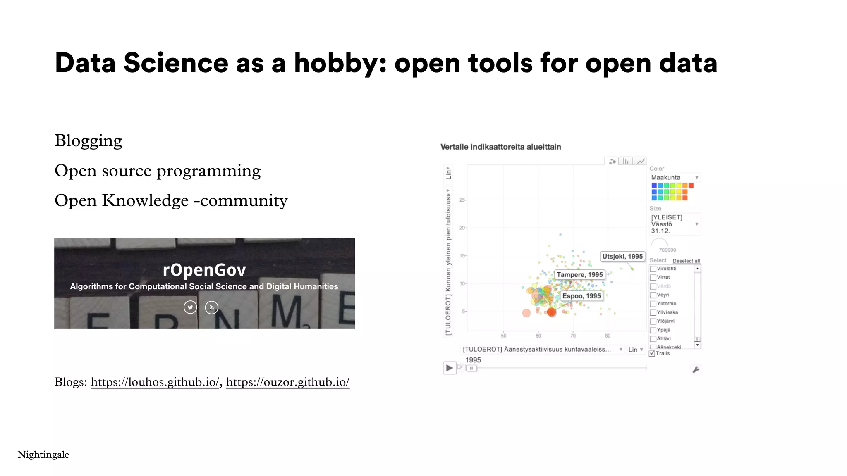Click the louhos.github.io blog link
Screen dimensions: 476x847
[155, 382]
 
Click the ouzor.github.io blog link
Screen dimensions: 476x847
[287, 382]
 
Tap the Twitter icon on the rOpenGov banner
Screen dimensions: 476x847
[190, 307]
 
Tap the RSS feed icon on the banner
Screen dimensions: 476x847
[212, 307]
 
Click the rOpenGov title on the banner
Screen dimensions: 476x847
[204, 270]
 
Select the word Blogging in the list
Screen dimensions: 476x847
[88, 141]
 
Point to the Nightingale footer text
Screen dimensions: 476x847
[43, 455]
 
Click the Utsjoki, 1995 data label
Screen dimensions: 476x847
[622, 257]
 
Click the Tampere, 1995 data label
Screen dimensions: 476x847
[579, 275]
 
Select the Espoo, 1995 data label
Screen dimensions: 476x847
[581, 296]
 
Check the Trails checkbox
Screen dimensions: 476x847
[652, 354]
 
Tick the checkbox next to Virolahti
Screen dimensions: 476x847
[653, 269]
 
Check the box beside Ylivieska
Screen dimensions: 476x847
[653, 312]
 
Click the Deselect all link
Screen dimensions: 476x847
[686, 261]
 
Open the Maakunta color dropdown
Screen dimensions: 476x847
[675, 178]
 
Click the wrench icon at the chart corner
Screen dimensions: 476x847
[696, 370]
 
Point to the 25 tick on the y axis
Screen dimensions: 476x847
[462, 200]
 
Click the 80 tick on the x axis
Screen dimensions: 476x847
[608, 336]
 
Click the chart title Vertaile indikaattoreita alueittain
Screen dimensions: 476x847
[500, 147]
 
